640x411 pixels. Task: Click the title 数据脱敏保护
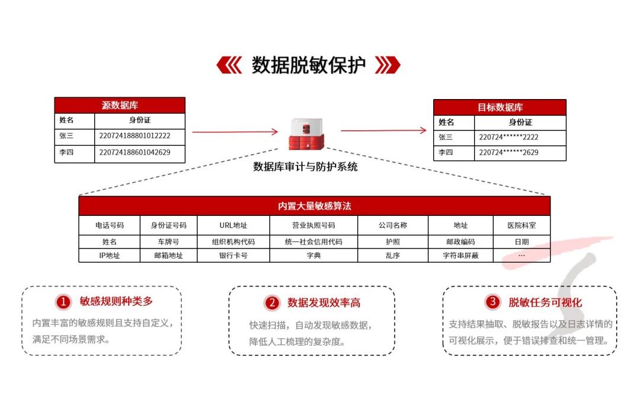click(308, 65)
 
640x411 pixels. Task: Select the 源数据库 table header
click(120, 106)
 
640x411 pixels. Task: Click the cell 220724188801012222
click(135, 136)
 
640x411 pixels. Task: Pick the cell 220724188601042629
click(135, 152)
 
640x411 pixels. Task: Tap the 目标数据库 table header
click(500, 107)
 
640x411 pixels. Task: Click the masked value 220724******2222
click(508, 137)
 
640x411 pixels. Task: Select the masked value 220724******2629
click(508, 152)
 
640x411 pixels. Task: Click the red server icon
click(306, 134)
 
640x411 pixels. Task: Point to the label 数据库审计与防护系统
click(305, 167)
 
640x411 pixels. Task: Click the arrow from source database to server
click(235, 132)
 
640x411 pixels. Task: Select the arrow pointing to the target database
click(383, 130)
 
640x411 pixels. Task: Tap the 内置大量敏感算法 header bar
click(314, 206)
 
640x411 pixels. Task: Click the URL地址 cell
click(233, 225)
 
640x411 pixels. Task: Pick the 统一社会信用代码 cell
click(313, 242)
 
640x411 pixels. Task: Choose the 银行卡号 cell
click(233, 256)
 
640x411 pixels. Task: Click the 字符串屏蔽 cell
click(460, 256)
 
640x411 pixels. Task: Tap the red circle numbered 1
click(63, 302)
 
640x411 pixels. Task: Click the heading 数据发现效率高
click(324, 302)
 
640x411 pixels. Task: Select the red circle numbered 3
click(492, 302)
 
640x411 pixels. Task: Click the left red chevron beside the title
click(229, 65)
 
